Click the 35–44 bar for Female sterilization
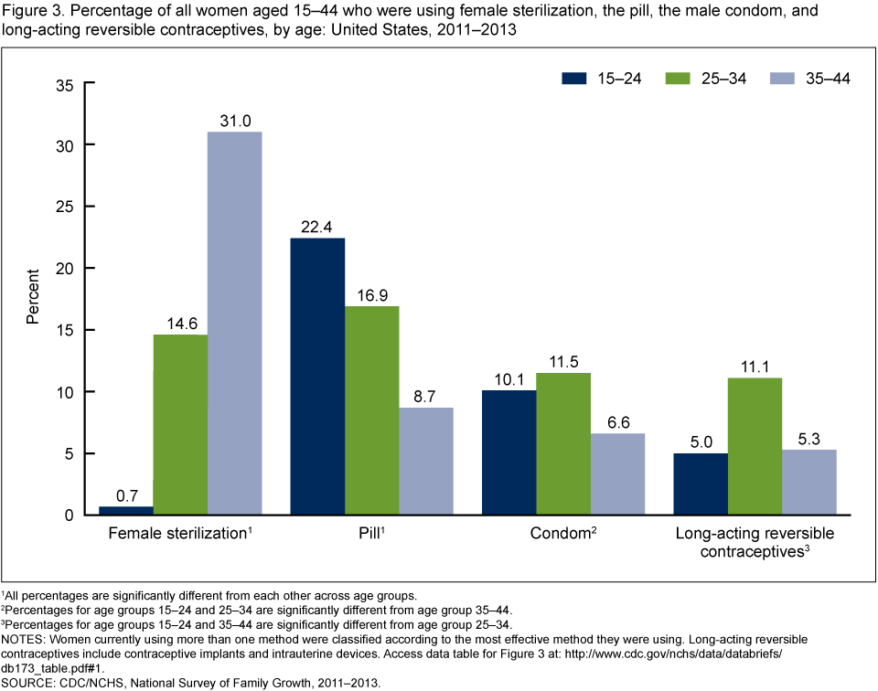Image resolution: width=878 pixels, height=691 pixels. click(235, 323)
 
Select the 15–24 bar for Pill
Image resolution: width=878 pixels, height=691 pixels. click(317, 376)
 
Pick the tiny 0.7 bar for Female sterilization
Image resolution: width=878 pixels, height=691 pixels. click(125, 510)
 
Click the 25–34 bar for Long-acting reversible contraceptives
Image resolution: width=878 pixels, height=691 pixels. click(755, 446)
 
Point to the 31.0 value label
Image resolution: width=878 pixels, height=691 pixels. click(235, 119)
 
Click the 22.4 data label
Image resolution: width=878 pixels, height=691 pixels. click(317, 225)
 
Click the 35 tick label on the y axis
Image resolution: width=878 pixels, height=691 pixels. click(64, 84)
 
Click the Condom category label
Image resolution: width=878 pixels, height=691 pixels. click(561, 533)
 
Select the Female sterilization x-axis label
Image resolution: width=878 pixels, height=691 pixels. click(177, 533)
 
